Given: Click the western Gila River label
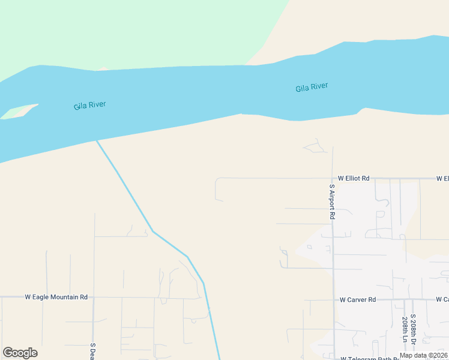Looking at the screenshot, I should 90,106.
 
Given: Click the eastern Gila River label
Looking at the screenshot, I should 312,88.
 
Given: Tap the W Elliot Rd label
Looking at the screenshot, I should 354,178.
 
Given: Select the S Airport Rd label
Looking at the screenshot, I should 332,201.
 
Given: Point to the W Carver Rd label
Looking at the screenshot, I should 357,299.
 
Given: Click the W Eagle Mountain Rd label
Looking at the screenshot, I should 56,297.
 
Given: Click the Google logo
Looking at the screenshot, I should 20,353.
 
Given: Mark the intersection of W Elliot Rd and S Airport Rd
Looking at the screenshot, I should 333,178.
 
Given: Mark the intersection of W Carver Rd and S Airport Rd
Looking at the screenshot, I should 333,299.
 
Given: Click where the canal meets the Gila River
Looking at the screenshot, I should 97,141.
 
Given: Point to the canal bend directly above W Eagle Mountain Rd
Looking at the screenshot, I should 203,283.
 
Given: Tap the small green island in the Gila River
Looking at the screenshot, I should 18,112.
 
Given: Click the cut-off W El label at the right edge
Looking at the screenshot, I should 443,178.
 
